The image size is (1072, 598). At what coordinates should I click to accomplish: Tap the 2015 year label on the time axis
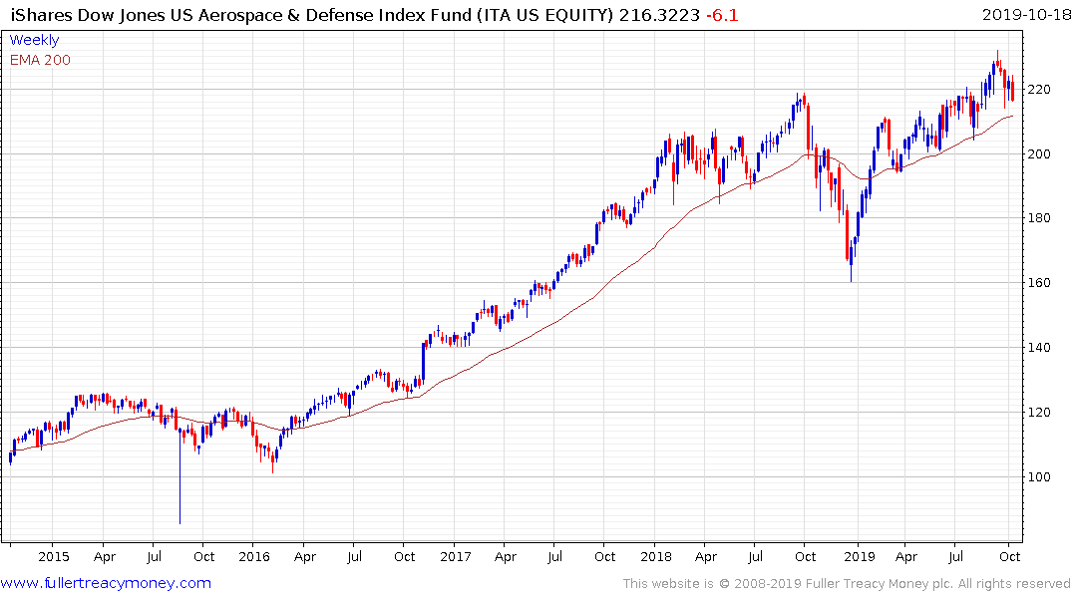point(54,556)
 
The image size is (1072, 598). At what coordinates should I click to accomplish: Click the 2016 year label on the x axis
point(254,556)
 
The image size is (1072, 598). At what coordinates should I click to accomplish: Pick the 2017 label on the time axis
point(455,556)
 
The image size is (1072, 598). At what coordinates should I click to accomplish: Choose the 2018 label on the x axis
point(656,556)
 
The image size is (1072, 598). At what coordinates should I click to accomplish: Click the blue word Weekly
point(34,40)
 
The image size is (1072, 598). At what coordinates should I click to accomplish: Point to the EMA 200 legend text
point(40,60)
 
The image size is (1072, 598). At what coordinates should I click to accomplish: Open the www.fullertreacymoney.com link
point(106,583)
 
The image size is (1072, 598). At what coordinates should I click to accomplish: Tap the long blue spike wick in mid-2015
point(180,478)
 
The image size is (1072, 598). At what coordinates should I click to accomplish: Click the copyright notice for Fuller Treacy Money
point(847,583)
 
